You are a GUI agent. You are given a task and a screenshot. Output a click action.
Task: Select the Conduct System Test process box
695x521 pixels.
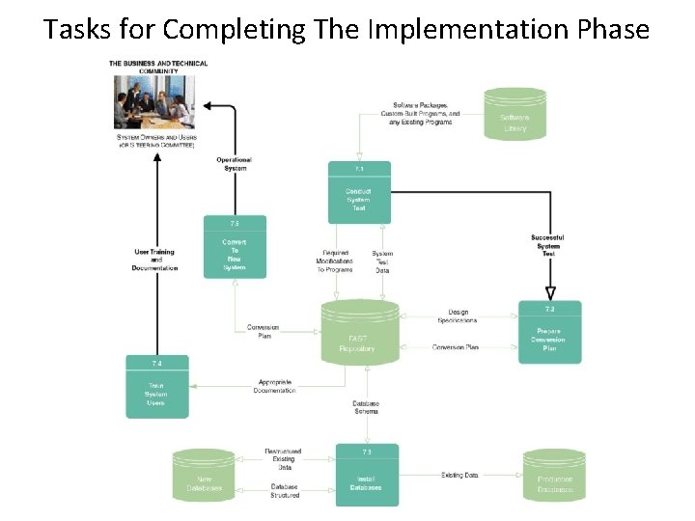[x=359, y=192]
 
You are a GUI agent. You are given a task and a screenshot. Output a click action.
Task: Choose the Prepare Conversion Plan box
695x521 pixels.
[x=549, y=333]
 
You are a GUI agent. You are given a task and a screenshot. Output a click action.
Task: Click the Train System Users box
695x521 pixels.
[x=157, y=389]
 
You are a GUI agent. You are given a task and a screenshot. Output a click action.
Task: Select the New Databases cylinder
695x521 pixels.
[x=204, y=477]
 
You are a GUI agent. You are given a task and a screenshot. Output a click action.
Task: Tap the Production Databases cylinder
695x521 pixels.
[x=554, y=477]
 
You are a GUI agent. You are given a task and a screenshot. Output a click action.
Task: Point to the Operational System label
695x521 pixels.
[x=235, y=164]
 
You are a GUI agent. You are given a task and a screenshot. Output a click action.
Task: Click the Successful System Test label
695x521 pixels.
[x=547, y=245]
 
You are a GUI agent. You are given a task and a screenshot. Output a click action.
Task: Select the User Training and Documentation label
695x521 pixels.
[x=154, y=260]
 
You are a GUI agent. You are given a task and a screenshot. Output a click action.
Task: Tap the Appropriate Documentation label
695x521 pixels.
[x=274, y=386]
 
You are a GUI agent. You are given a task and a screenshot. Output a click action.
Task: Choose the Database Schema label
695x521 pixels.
[x=366, y=407]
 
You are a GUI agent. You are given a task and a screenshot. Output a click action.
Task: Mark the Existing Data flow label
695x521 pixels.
[x=459, y=475]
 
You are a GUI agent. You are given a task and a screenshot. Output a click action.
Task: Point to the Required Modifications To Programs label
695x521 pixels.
[x=334, y=261]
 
